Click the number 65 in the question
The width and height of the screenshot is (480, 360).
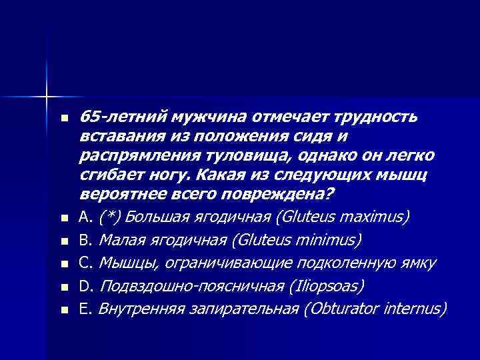(x=89, y=118)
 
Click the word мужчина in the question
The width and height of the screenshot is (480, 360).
(x=206, y=118)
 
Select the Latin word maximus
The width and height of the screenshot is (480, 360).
(x=380, y=217)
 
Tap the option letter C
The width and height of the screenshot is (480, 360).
(x=83, y=263)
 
